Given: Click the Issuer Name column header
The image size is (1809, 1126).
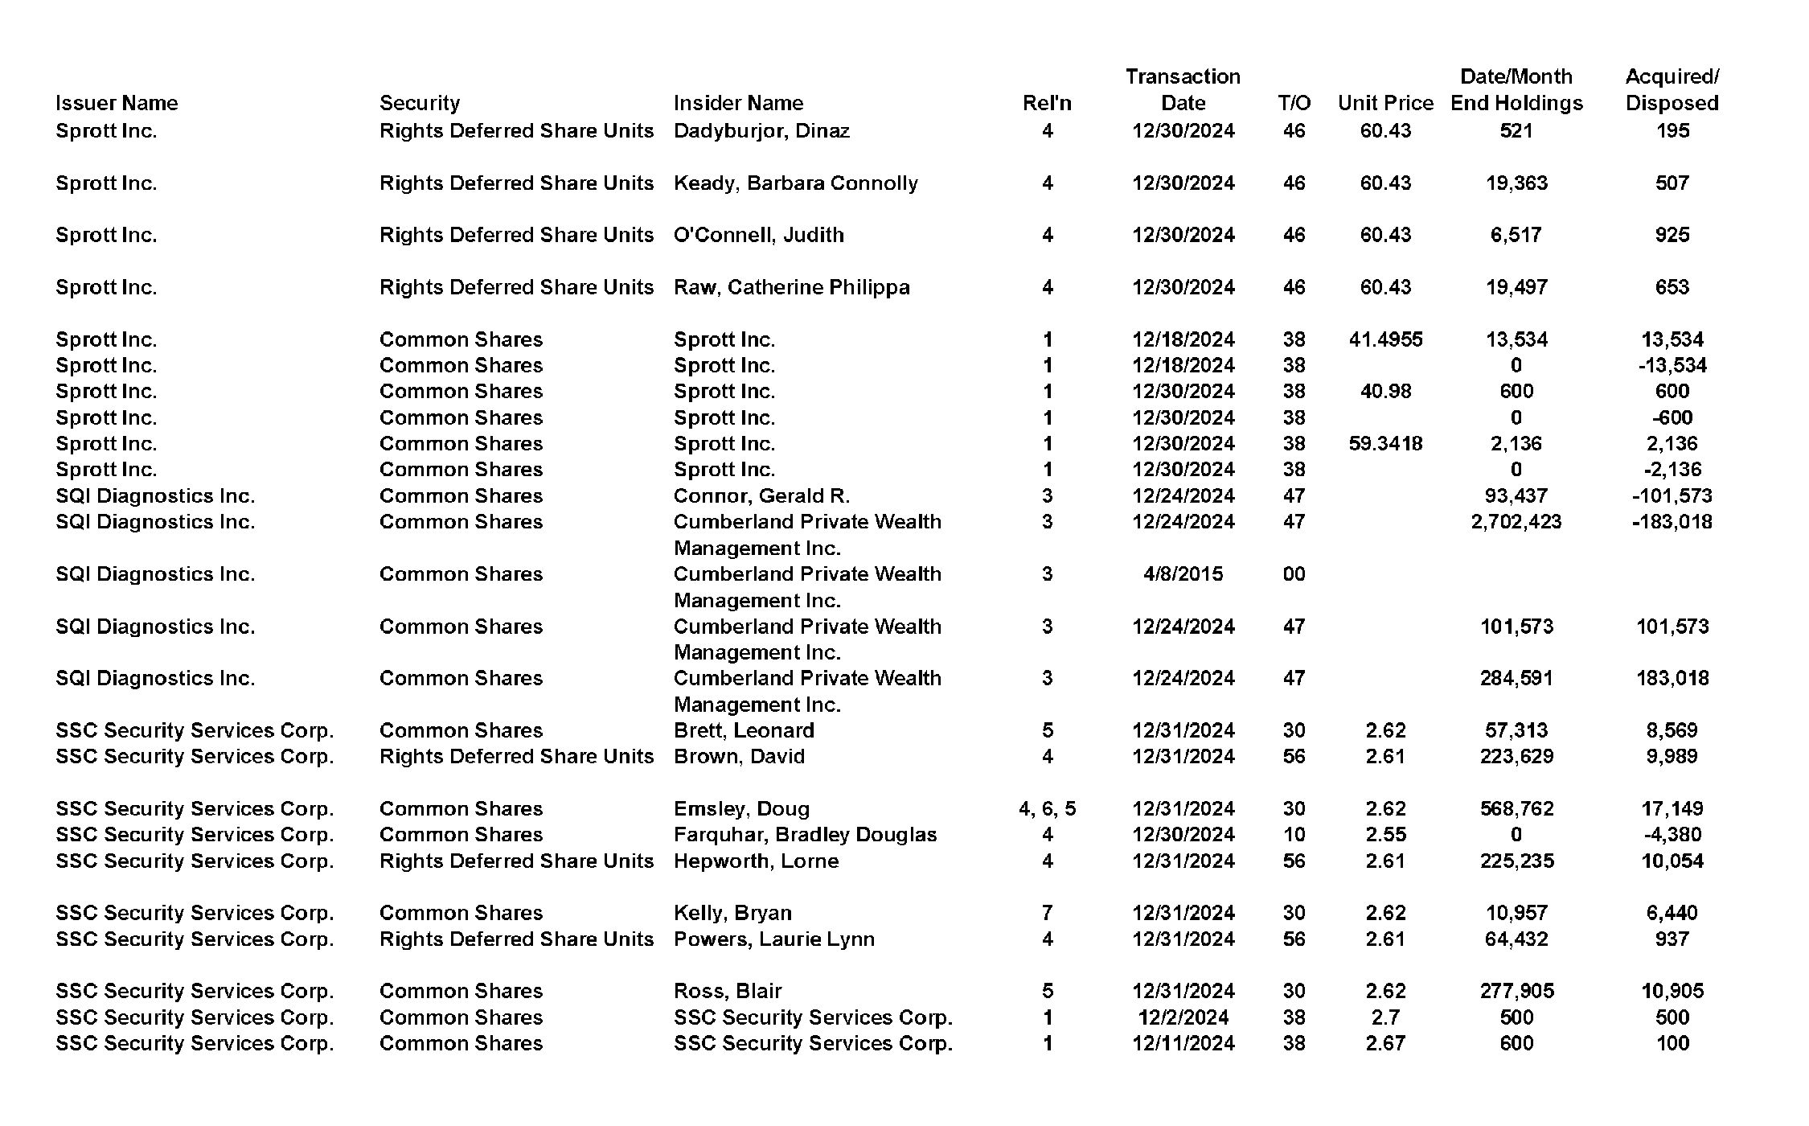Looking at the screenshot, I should pos(117,103).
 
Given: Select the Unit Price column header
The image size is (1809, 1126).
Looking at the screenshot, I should pos(1385,103).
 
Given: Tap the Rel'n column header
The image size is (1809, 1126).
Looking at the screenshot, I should pos(1047,103).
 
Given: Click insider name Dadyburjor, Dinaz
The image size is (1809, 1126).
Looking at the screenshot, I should pos(761,130).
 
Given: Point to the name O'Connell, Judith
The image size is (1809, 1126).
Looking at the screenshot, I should pos(759,235).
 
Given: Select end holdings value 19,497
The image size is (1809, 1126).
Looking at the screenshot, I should pos(1516,287).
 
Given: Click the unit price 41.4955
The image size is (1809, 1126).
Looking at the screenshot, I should pos(1385,339).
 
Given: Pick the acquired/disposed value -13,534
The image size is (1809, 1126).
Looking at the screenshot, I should pos(1672,365).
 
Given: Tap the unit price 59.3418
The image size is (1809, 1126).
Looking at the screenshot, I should pos(1385,443).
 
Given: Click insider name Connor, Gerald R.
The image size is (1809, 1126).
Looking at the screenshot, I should pos(761,495).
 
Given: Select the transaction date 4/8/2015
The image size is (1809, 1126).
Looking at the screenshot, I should pos(1183,573).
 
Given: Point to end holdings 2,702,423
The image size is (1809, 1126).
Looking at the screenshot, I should pos(1516,521).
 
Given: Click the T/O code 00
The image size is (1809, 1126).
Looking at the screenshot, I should pos(1294,573).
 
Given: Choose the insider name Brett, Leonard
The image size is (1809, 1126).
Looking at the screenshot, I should pos(744,730).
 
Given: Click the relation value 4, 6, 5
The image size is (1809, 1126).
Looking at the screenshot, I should pos(1047,808).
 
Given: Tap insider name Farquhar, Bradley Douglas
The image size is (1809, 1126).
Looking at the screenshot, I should pos(805,834).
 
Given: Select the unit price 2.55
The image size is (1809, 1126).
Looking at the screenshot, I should pos(1385,834).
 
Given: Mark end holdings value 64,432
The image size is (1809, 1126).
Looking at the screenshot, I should pos(1516,939).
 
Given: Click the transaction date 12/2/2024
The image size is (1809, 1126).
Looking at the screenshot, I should pos(1183,1017).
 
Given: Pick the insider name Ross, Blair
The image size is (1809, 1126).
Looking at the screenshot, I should pos(728,991).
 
